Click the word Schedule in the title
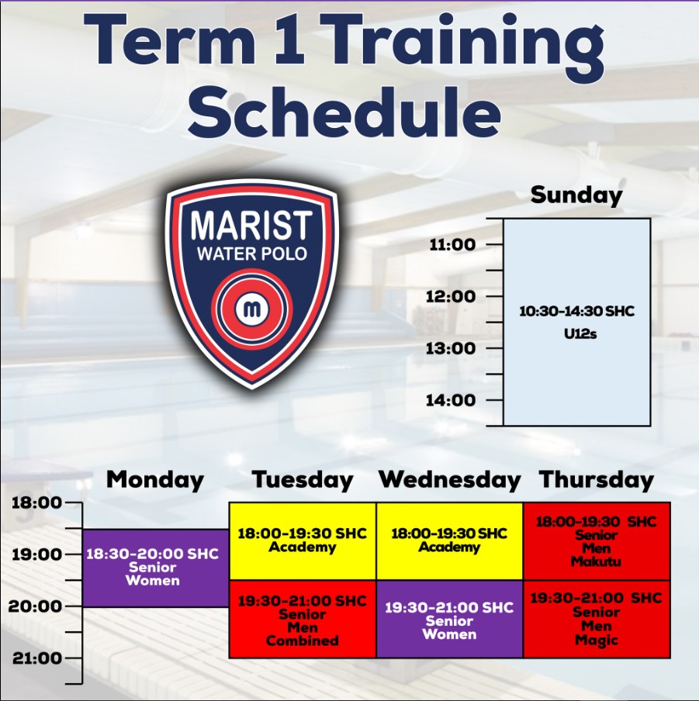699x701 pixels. (x=344, y=111)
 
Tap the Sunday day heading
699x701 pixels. (x=576, y=195)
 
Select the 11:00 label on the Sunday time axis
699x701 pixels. (x=452, y=244)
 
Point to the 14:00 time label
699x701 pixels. (x=451, y=400)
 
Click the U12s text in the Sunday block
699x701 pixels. (x=580, y=334)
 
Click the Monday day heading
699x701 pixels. (x=155, y=480)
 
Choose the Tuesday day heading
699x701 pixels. (x=303, y=480)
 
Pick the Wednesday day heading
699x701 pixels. (x=450, y=480)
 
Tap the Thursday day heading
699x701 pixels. (x=597, y=480)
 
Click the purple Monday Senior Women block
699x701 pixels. (x=156, y=568)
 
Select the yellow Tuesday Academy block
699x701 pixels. (x=303, y=541)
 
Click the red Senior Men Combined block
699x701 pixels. (x=303, y=619)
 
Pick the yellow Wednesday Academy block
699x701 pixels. (x=449, y=541)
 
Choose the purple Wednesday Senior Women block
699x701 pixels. (x=449, y=619)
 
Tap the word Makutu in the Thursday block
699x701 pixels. (x=596, y=561)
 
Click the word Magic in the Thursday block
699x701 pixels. (x=596, y=641)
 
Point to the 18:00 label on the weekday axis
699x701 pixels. (x=36, y=502)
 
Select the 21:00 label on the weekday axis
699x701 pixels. (x=37, y=658)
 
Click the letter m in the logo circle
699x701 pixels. (x=252, y=308)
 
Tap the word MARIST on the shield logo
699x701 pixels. (x=252, y=226)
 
